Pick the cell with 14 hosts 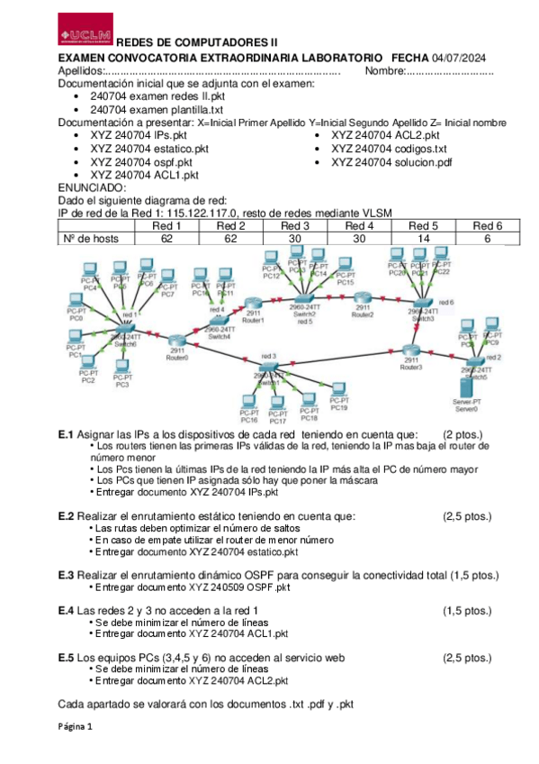pos(422,239)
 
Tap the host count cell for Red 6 pos(487,239)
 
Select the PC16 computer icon pos(249,403)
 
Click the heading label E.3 pos(65,574)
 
